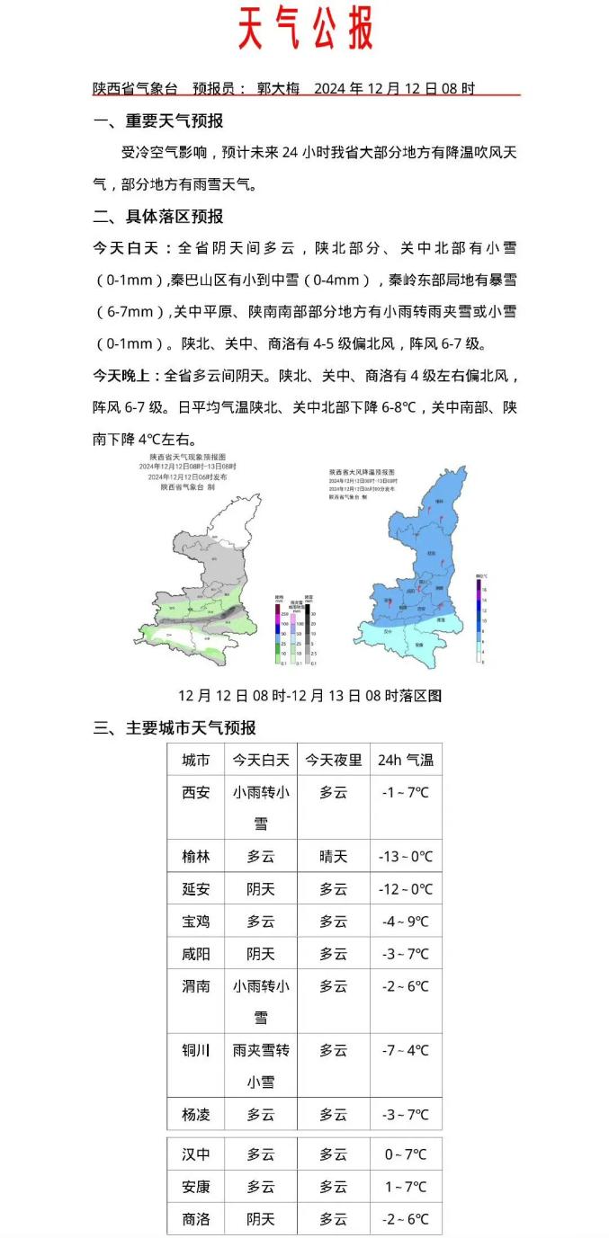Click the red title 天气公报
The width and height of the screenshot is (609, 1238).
tap(305, 30)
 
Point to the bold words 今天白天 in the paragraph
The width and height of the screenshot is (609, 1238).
tap(131, 248)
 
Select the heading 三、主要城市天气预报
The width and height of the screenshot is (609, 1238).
tap(175, 728)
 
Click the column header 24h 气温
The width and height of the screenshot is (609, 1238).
tap(406, 761)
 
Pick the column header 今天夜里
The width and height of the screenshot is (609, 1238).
tap(333, 761)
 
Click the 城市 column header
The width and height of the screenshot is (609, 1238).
tap(196, 761)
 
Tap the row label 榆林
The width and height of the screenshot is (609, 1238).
tap(196, 857)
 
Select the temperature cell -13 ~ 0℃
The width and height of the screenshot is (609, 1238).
tap(406, 857)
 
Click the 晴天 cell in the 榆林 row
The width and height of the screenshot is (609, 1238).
tap(333, 857)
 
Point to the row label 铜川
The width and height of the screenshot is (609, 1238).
tap(196, 1050)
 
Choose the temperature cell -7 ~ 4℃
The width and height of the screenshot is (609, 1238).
tap(406, 1050)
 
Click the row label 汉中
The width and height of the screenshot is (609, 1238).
tap(196, 1154)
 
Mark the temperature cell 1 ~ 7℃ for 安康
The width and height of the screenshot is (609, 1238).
tap(406, 1187)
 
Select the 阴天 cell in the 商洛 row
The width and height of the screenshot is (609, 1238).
tap(261, 1219)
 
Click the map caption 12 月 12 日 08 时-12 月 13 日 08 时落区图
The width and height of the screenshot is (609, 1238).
tap(309, 696)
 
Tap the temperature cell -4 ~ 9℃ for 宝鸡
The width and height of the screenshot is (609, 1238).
tap(406, 922)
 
